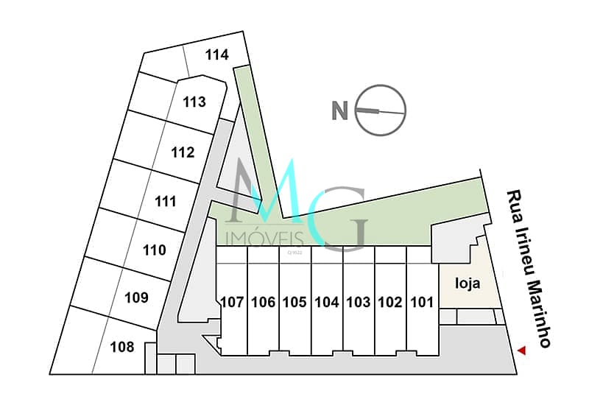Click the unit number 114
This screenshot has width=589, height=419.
(x=217, y=54)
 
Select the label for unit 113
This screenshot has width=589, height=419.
(x=194, y=102)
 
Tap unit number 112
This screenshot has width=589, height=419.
(x=183, y=152)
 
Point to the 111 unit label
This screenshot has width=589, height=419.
(x=166, y=201)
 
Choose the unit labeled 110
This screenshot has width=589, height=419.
(x=155, y=250)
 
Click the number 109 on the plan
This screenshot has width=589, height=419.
(x=137, y=297)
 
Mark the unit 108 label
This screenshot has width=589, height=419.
(x=122, y=347)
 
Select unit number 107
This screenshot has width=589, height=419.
(x=232, y=302)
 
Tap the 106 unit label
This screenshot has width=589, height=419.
(x=263, y=302)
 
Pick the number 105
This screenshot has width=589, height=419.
(x=294, y=302)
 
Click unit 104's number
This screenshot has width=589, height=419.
(x=326, y=302)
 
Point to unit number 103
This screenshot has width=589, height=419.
(x=358, y=302)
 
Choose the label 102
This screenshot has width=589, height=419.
(x=389, y=302)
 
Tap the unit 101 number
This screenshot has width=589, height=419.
(x=421, y=302)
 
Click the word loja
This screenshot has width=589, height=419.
(x=468, y=282)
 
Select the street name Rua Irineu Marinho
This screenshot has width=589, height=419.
(x=528, y=269)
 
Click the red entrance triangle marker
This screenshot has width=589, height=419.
(x=523, y=352)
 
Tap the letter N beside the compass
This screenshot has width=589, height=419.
(x=339, y=111)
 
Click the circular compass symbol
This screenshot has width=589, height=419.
(x=381, y=111)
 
